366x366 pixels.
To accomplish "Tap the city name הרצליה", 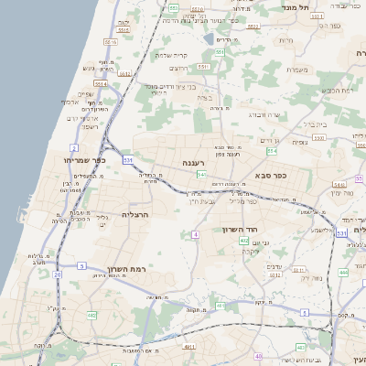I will coord(135,214).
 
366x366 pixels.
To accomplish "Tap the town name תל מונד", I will coord(325,7).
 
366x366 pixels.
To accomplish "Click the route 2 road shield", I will coord(73,146).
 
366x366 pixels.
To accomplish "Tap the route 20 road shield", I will coord(58,274).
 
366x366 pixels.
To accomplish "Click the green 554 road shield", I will coord(272,149).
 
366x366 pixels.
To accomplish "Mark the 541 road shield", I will coord(201,174).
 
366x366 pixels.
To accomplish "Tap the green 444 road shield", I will coord(344,272).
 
